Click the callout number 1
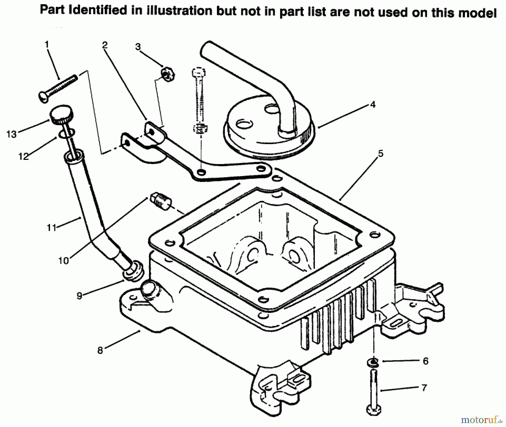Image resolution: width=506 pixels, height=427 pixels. coord(47,45)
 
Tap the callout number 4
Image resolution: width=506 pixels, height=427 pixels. coord(373,105)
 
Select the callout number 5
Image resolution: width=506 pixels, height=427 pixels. coord(381,154)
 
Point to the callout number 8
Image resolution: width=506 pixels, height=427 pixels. coord(100,351)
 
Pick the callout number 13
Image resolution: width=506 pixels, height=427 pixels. coord(12,134)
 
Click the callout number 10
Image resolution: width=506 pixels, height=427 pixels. coord(64,261)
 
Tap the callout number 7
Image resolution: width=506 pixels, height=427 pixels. coord(424,388)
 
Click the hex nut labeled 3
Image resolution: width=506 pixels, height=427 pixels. coord(168,74)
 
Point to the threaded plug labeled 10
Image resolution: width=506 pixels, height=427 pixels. coord(161,201)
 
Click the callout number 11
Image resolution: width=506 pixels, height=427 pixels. coord(51,227)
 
